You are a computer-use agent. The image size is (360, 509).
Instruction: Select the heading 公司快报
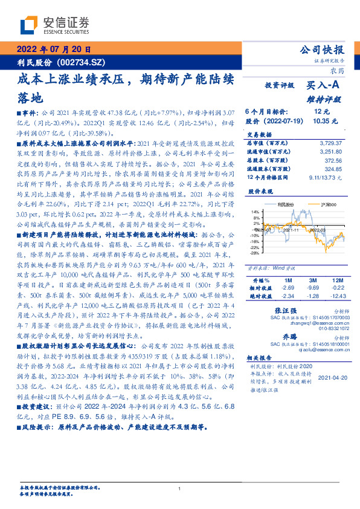pos(323,50)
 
